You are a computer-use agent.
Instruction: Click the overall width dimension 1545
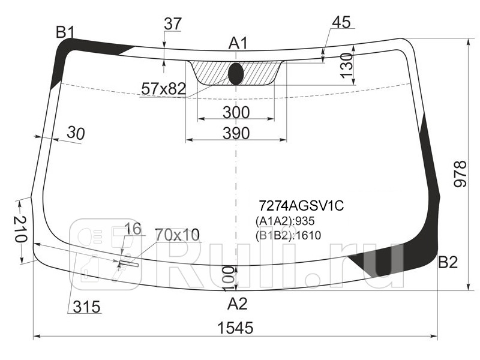tap(235, 328)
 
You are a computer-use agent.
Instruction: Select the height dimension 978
tap(460, 173)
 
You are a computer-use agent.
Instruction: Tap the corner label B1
tap(65, 32)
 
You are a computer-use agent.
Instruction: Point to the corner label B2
tap(448, 262)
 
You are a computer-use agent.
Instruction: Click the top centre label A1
tap(238, 43)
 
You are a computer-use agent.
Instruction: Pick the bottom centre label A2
tap(237, 304)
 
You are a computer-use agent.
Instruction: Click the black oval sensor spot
tap(236, 74)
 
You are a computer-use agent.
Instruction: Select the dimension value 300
tap(236, 112)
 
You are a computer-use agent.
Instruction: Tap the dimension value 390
tap(236, 133)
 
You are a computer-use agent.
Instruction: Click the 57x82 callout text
tap(163, 89)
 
